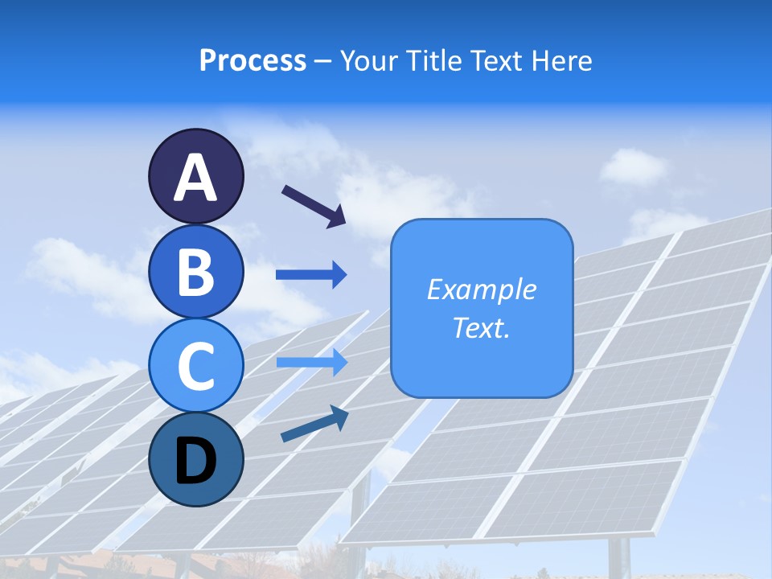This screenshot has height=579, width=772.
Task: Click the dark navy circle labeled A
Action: (x=196, y=176)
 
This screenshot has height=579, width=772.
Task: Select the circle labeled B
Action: (x=196, y=271)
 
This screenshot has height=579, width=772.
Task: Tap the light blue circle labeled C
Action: (x=196, y=365)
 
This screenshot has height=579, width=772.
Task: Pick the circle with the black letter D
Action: (x=196, y=459)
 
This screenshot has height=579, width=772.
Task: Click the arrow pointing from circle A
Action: (x=314, y=206)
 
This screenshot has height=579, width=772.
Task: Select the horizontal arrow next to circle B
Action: (x=311, y=275)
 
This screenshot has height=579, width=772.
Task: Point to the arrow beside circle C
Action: (x=311, y=363)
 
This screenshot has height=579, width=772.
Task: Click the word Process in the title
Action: (x=253, y=61)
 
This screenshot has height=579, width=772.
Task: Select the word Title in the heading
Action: (x=433, y=61)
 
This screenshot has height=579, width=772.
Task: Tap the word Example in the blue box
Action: (x=481, y=289)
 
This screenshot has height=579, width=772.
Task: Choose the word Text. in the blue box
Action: (x=481, y=327)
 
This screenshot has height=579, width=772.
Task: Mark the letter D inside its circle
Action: (x=196, y=461)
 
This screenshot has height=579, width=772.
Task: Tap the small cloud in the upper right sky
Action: (x=633, y=166)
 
